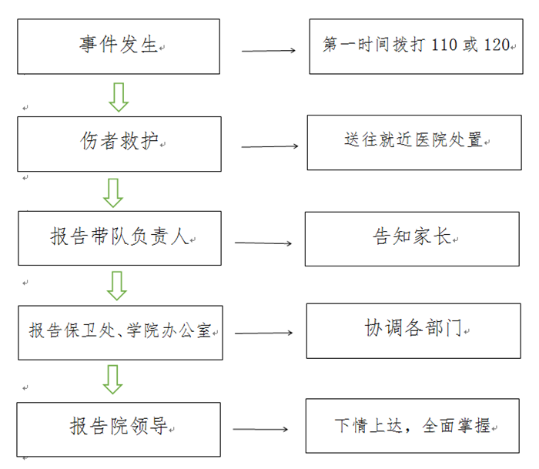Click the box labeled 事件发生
pyautogui.click(x=119, y=46)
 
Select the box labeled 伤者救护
pyautogui.click(x=119, y=143)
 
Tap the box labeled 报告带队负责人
pyautogui.click(x=119, y=237)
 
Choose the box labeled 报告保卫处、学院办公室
pyautogui.click(x=120, y=332)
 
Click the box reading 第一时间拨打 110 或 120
pyautogui.click(x=416, y=46)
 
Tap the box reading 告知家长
pyautogui.click(x=412, y=238)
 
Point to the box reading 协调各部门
pyautogui.click(x=413, y=330)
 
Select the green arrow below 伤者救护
pyautogui.click(x=114, y=192)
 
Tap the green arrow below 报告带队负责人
pyautogui.click(x=116, y=285)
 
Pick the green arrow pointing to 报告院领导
pyautogui.click(x=113, y=380)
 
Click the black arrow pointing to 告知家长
pyautogui.click(x=263, y=243)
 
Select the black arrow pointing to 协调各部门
pyautogui.click(x=263, y=333)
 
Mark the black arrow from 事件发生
pyautogui.click(x=269, y=52)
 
